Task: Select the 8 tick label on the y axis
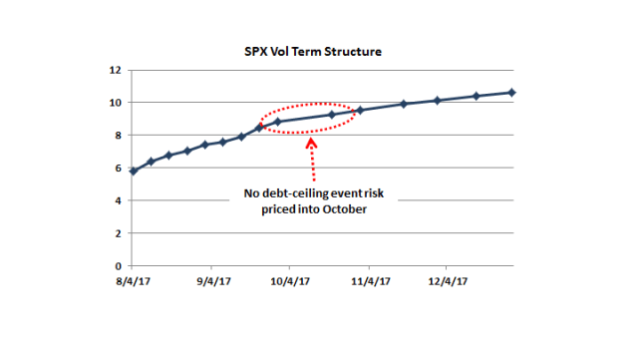(119, 136)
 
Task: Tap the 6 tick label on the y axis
(119, 169)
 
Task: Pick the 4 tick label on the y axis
(119, 200)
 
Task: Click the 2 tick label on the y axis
(119, 233)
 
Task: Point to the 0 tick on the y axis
(119, 266)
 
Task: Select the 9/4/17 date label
(212, 282)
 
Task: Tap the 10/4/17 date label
(289, 282)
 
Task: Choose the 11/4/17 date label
(369, 282)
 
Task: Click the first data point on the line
(134, 171)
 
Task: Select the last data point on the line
(512, 93)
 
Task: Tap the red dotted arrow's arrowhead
(311, 144)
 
